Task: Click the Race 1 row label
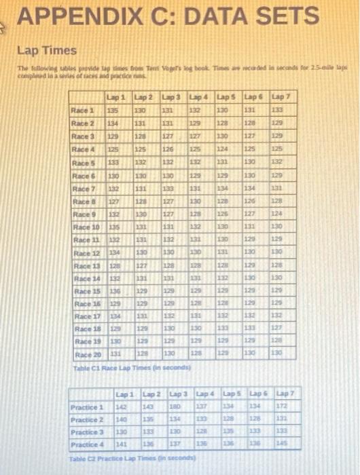[x=84, y=111]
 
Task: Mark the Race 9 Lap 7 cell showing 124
[x=278, y=213]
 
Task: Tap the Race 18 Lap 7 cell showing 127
[x=278, y=328]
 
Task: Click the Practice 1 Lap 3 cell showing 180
[x=175, y=407]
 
